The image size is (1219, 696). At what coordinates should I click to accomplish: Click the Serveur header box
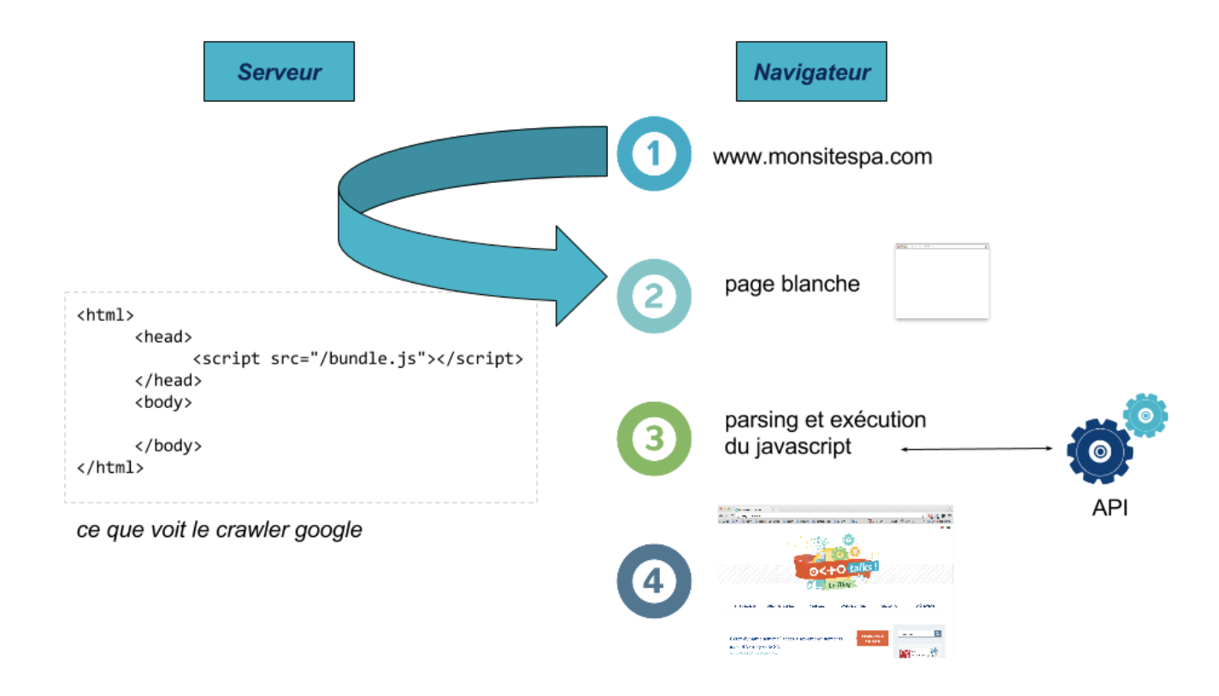click(x=279, y=71)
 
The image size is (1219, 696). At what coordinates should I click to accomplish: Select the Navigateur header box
click(x=811, y=71)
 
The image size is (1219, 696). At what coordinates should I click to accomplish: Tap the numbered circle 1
click(x=653, y=154)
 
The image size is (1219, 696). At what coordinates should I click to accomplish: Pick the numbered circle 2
click(x=653, y=296)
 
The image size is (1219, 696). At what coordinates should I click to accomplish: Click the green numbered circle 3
click(x=653, y=439)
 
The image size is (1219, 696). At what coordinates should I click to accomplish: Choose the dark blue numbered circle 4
click(x=653, y=581)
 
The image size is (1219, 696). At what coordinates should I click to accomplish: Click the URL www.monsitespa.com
click(x=822, y=157)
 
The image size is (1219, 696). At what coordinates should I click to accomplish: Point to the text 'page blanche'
click(x=792, y=284)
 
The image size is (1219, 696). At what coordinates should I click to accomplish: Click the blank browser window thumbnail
click(x=942, y=281)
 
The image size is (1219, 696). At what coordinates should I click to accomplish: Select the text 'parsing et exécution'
click(x=826, y=421)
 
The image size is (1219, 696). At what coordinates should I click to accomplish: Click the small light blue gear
click(x=1145, y=416)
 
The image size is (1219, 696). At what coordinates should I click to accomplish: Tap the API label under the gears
click(x=1110, y=507)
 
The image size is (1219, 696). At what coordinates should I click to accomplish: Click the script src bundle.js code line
click(x=358, y=359)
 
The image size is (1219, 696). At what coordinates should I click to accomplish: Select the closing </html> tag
click(x=110, y=468)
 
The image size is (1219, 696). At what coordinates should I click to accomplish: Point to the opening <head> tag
click(x=163, y=337)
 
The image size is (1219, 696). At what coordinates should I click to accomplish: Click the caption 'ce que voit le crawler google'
click(x=219, y=530)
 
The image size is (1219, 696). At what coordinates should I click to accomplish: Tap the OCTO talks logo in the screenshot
click(x=835, y=563)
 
